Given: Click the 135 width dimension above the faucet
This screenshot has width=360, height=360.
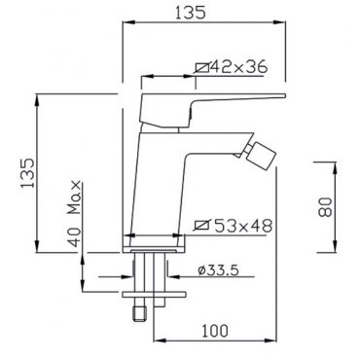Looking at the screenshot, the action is [x=191, y=13].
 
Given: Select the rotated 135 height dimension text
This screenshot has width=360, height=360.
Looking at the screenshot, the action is [x=27, y=173].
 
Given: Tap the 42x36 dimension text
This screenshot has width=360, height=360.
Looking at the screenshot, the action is [x=239, y=67].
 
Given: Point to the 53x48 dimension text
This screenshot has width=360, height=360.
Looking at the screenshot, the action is [x=243, y=226].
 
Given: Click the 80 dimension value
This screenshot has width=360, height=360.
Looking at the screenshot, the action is [x=325, y=207].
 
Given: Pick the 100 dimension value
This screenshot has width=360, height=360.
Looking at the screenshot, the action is [x=215, y=331].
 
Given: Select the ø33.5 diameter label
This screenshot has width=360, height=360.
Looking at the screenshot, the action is [x=218, y=270].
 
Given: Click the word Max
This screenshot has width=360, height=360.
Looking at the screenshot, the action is [x=74, y=198].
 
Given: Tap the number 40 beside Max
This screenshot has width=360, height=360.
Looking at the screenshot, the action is [x=75, y=237].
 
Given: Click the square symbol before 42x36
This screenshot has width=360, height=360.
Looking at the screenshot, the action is [x=201, y=67].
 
